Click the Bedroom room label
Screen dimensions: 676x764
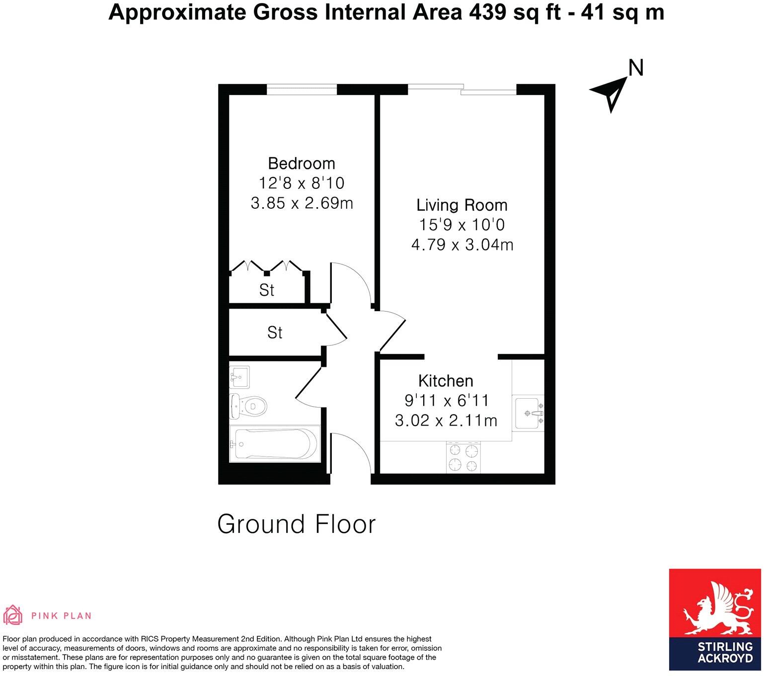tap(301, 163)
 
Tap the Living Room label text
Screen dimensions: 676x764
tap(461, 205)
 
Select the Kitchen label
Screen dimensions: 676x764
tap(446, 381)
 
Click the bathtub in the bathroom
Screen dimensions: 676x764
tap(275, 444)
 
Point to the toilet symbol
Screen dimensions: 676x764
tap(248, 406)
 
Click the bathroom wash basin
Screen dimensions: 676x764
tap(239, 377)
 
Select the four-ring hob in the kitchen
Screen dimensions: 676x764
tap(463, 458)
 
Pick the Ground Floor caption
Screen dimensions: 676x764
tap(297, 524)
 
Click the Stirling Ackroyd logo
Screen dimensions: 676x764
tap(715, 622)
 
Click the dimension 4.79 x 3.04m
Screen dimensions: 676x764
tap(461, 245)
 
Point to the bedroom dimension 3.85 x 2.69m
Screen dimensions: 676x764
tap(301, 203)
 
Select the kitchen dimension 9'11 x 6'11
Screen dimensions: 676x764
tap(446, 401)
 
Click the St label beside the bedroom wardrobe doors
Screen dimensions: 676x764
tap(267, 290)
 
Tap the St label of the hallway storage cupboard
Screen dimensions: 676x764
tap(274, 333)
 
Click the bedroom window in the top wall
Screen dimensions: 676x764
tap(302, 89)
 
